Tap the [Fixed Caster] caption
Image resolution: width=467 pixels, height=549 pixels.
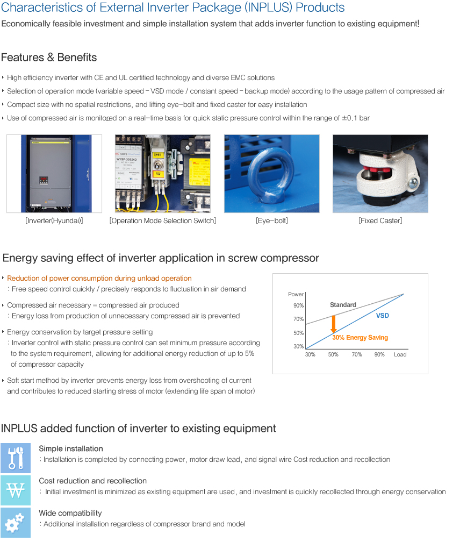pyautogui.click(x=380, y=220)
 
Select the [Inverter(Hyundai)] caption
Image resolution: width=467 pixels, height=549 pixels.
pyautogui.click(x=54, y=220)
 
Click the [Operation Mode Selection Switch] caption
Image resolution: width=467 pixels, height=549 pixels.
pyautogui.click(x=163, y=220)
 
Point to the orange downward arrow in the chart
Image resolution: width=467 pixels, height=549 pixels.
pyautogui.click(x=334, y=324)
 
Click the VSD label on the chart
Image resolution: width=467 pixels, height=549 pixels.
pyautogui.click(x=382, y=316)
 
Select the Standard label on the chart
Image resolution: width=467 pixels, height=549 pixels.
pyautogui.click(x=343, y=304)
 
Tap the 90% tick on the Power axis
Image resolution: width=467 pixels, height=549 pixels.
pyautogui.click(x=298, y=305)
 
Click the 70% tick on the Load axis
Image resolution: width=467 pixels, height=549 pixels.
pyautogui.click(x=357, y=354)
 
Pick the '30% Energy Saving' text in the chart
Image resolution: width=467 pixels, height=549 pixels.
pyautogui.click(x=360, y=338)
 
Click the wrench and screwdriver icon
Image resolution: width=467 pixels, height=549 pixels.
pyautogui.click(x=16, y=458)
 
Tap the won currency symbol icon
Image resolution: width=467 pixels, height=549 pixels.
pyautogui.click(x=16, y=490)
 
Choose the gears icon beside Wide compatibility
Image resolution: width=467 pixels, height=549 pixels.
pyautogui.click(x=16, y=523)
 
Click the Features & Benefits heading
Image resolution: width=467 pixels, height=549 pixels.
pyautogui.click(x=49, y=58)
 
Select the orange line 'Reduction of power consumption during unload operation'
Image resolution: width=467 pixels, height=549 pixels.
pyautogui.click(x=99, y=278)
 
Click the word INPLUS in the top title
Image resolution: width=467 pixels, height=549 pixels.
pyautogui.click(x=268, y=8)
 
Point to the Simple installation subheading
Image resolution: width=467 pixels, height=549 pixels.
pyautogui.click(x=71, y=448)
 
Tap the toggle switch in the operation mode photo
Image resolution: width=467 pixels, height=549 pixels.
pyautogui.click(x=158, y=165)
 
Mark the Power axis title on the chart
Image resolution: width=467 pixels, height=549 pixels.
pyautogui.click(x=296, y=294)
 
